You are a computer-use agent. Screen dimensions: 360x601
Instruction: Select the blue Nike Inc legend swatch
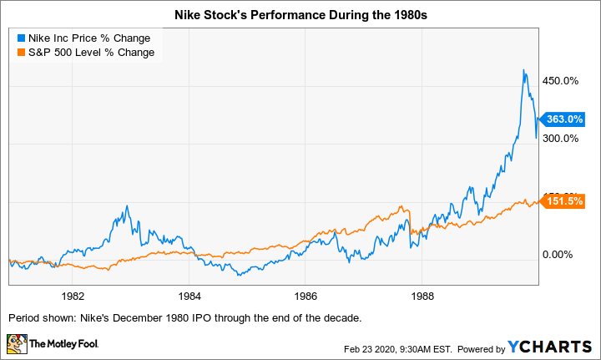[19, 38]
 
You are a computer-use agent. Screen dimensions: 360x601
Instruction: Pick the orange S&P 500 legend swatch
[19, 53]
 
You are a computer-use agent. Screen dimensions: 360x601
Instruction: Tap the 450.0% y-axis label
[562, 81]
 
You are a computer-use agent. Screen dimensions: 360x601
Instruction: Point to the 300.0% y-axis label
[562, 139]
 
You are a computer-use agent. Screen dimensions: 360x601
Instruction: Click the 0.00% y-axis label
[559, 255]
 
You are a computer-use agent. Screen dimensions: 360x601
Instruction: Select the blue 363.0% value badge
[568, 119]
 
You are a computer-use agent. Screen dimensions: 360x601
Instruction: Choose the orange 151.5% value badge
[568, 201]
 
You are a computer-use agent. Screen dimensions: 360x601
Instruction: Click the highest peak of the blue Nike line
[523, 70]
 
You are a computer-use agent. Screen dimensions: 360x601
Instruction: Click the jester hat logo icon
[17, 343]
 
